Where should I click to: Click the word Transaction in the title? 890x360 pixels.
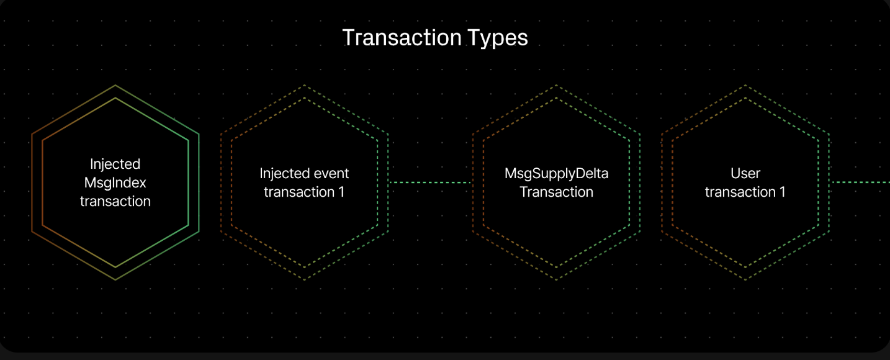point(402,37)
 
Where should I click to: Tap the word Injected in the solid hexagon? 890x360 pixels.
point(115,164)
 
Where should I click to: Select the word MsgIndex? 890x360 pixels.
point(115,183)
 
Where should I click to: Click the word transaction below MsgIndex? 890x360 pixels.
point(115,202)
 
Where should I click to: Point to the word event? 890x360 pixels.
point(330,174)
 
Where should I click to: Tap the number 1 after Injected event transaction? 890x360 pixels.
point(341,192)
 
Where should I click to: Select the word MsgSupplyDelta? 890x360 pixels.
point(556,174)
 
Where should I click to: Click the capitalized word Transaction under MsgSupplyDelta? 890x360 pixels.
point(556,192)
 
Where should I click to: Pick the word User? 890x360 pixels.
point(745,173)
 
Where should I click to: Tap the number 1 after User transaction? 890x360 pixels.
point(783,192)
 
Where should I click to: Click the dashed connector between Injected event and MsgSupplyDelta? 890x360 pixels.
point(430,182)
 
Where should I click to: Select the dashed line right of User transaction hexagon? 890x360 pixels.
point(860,182)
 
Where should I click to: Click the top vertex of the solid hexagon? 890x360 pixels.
point(115,85)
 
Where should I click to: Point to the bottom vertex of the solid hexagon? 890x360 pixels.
point(115,280)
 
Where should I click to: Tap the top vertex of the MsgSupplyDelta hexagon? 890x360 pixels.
point(556,85)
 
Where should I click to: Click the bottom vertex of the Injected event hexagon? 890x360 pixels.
point(304,280)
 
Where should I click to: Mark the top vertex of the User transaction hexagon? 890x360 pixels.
point(745,85)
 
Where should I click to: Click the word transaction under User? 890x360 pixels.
point(740,192)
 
